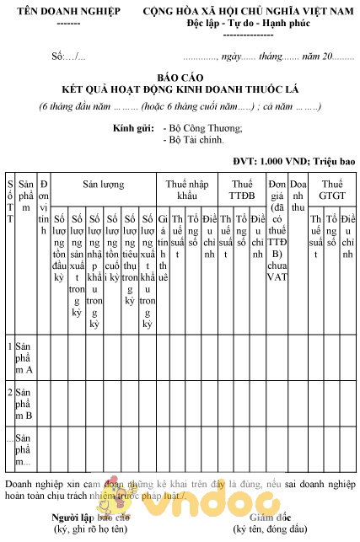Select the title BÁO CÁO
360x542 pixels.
[x=180, y=75]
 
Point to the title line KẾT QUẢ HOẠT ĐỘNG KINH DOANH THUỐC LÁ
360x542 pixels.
[x=180, y=88]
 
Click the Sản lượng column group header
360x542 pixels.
[x=103, y=184]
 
